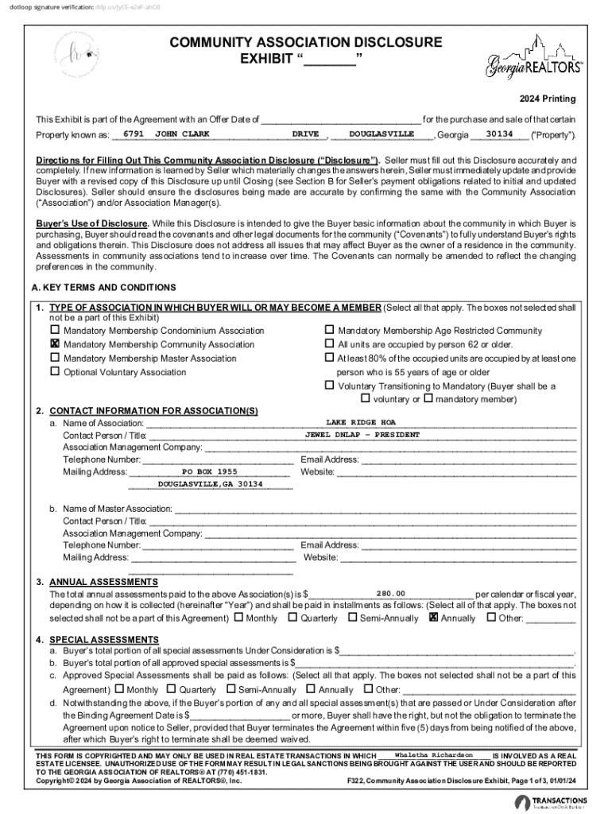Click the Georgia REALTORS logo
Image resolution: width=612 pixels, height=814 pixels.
pyautogui.click(x=534, y=59)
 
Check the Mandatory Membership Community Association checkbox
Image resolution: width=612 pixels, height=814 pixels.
pyautogui.click(x=55, y=344)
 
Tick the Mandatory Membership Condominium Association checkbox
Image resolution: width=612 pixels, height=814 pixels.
pyautogui.click(x=55, y=330)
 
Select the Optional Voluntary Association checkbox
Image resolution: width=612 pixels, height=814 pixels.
pyautogui.click(x=55, y=372)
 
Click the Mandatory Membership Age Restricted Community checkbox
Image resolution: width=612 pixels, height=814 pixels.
pyautogui.click(x=329, y=330)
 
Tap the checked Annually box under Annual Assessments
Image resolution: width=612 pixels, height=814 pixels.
pyautogui.click(x=433, y=617)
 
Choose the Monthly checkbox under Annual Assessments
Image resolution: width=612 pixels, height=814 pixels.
pyautogui.click(x=238, y=617)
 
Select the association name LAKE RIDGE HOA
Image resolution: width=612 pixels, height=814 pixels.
pyautogui.click(x=361, y=422)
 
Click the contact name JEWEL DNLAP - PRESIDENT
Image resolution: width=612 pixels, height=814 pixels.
pyautogui.click(x=362, y=435)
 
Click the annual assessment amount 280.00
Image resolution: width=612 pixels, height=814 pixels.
pyautogui.click(x=391, y=594)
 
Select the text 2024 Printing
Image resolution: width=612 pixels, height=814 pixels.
pyautogui.click(x=548, y=99)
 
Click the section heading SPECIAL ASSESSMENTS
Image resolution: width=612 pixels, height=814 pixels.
pyautogui.click(x=104, y=639)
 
